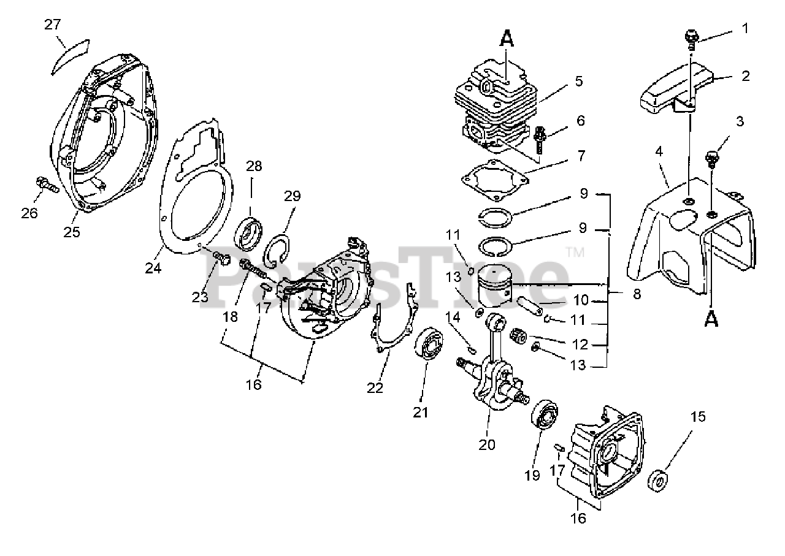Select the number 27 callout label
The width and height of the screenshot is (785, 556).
click(x=53, y=25)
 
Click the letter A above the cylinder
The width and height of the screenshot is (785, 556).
click(x=506, y=39)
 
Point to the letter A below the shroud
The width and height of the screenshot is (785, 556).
click(x=711, y=319)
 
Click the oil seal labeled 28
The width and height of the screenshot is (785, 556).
click(x=250, y=234)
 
